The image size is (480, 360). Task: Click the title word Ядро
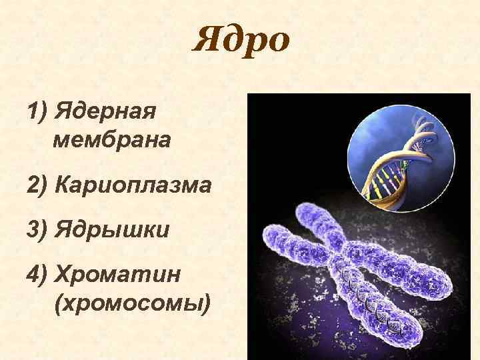241,41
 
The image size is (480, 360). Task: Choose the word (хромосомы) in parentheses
133,304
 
